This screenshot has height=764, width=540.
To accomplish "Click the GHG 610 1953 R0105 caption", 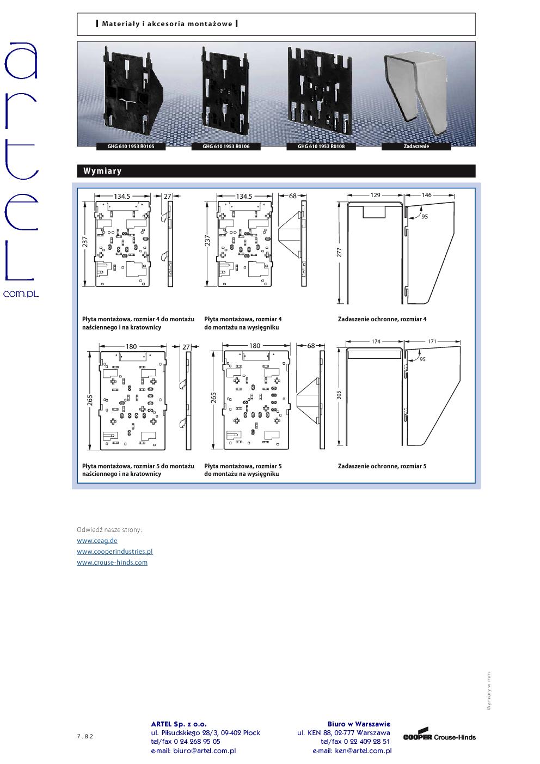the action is click(x=131, y=146).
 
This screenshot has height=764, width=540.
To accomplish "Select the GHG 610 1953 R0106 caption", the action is click(x=226, y=146).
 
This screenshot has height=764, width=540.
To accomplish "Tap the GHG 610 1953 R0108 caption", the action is click(x=321, y=146).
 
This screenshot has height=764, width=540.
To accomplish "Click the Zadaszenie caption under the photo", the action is click(x=416, y=146).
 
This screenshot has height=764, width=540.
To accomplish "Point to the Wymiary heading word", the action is click(x=102, y=171).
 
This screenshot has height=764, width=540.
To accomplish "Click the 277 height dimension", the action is click(x=339, y=252).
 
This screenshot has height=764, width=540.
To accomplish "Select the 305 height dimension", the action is click(x=339, y=395).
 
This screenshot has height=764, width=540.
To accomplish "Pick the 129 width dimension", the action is click(x=376, y=195).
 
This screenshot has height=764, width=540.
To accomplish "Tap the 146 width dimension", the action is click(x=426, y=195).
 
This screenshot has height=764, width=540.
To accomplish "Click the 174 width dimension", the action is click(x=376, y=341).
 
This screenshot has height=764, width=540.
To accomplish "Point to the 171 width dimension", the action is click(x=432, y=341).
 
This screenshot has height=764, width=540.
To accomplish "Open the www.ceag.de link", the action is click(x=97, y=541).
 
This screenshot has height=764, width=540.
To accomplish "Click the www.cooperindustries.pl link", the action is click(x=115, y=552).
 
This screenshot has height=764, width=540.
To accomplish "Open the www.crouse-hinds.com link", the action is click(x=112, y=563).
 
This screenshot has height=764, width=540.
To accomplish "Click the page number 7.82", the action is click(x=85, y=736).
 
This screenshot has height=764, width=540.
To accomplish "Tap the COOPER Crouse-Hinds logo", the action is click(x=439, y=735).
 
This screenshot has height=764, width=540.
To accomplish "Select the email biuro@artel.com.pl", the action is click(x=205, y=751).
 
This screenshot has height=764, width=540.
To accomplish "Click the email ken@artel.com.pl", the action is click(x=364, y=751).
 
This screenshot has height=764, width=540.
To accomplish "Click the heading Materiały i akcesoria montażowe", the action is click(x=167, y=24).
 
